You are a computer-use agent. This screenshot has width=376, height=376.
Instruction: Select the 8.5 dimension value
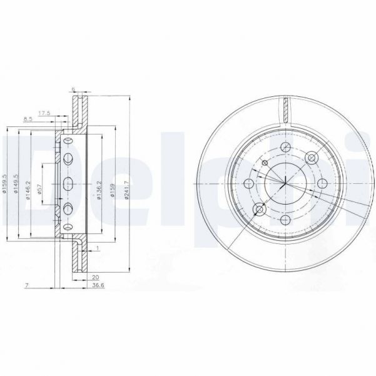coord(28,119)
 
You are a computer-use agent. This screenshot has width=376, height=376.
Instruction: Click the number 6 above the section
coord(73,89)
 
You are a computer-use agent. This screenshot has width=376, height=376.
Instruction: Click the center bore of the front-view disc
coord(285,183)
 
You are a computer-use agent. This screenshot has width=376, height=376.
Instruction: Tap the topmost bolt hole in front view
coord(285,147)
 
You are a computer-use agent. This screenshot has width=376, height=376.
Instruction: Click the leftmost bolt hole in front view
coord(248,183)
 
